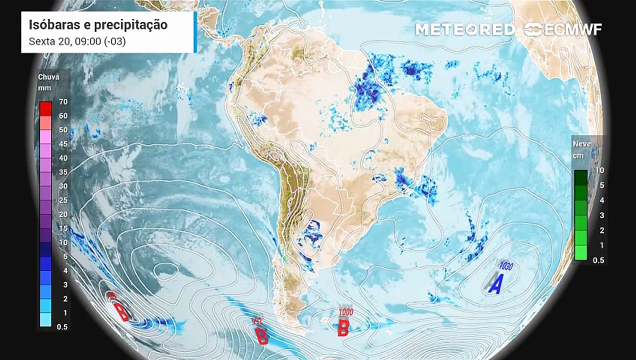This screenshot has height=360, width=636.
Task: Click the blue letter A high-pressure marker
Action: [495, 284]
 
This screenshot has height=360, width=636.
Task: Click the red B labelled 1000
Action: [343, 328]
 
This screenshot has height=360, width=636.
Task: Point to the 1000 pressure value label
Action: [346, 312]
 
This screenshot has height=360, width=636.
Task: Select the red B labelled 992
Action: [261, 336]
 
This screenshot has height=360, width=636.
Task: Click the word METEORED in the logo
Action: [465, 29]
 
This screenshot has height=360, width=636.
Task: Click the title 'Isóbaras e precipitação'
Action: [98, 25]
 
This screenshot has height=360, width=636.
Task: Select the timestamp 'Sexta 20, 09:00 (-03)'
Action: [77, 41]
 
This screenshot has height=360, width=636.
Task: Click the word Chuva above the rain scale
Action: [48, 77]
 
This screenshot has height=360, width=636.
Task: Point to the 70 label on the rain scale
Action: [63, 102]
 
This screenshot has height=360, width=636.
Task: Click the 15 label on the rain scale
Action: [63, 228]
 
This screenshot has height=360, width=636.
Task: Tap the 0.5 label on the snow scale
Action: [598, 260]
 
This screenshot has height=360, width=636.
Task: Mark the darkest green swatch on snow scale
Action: [580, 177]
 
